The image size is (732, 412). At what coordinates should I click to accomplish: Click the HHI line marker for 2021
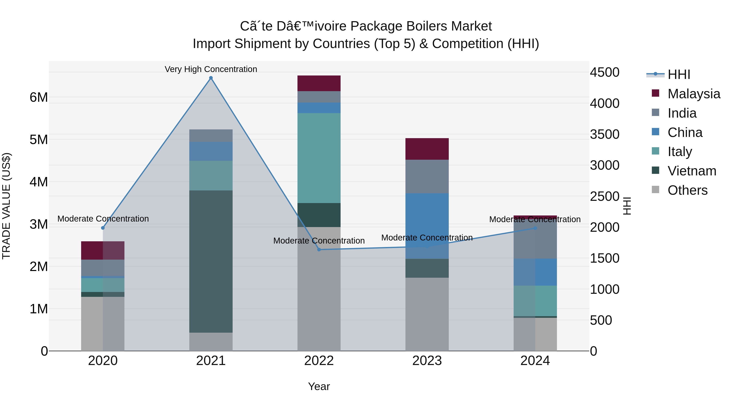click(x=211, y=78)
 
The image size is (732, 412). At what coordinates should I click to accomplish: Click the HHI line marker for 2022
click(x=319, y=250)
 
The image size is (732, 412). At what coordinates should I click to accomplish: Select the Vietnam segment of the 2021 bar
click(x=211, y=262)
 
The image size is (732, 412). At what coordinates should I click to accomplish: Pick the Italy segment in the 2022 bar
click(x=319, y=158)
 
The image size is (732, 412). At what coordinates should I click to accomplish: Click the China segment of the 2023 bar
click(x=427, y=226)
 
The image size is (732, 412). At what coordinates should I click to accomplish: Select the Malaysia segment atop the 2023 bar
click(x=427, y=149)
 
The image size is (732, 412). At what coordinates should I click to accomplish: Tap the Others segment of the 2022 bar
click(x=319, y=289)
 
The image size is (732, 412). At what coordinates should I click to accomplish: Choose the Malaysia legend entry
click(x=694, y=94)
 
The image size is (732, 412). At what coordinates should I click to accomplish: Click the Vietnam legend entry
click(x=692, y=171)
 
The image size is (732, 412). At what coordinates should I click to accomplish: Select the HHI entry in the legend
click(x=679, y=74)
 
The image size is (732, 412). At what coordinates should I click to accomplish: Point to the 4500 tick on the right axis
click(x=605, y=72)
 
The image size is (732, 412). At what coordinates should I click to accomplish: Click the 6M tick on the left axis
click(x=39, y=97)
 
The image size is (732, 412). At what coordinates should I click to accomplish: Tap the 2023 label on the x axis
click(x=427, y=361)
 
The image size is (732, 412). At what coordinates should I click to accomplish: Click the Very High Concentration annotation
click(x=211, y=69)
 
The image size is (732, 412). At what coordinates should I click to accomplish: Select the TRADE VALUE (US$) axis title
click(x=6, y=206)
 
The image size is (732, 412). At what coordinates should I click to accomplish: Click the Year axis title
click(x=319, y=386)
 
